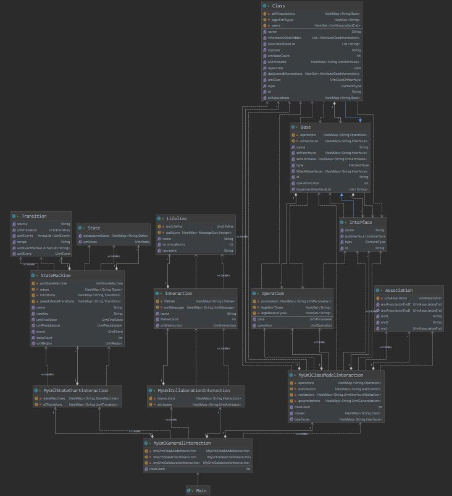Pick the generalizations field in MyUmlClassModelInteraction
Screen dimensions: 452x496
[x=310, y=401]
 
